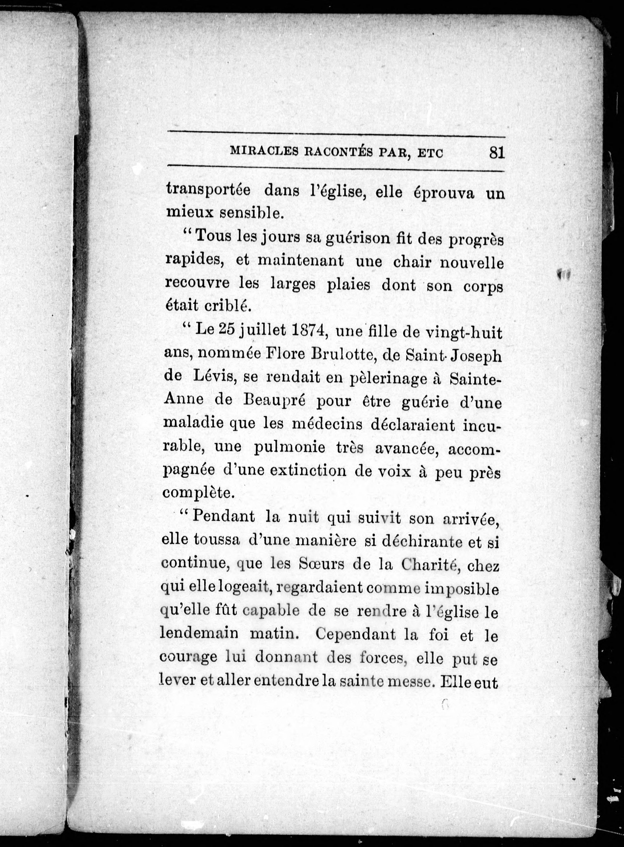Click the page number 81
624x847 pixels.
pyautogui.click(x=497, y=153)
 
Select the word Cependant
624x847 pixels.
pyautogui.click(x=355, y=634)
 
